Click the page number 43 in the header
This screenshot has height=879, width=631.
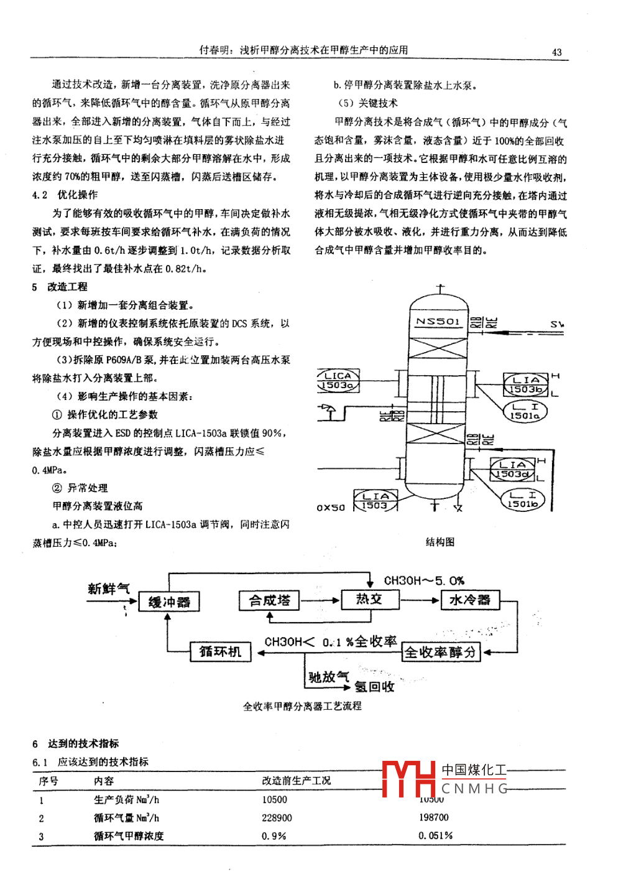pos(556,52)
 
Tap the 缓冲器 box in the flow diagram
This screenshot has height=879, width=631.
pos(169,602)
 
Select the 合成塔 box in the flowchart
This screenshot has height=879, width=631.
pos(269,600)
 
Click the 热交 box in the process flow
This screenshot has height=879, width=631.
pos(369,599)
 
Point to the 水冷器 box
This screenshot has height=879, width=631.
pos(469,600)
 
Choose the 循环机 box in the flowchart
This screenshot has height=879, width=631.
pos(220,651)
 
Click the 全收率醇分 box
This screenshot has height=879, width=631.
pos(441,652)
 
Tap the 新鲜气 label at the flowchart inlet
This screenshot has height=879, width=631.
pos(109,588)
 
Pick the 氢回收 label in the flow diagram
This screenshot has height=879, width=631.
pos(374,687)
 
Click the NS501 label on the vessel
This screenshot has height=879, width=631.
pos(438,322)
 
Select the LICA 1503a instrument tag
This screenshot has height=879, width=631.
pos(338,381)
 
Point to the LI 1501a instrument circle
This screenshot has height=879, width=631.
pos(525,411)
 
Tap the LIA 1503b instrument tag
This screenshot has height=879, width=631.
pos(526,384)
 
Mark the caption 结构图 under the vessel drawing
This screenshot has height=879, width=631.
pos(440,542)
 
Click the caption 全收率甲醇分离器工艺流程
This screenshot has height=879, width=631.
pos(302,706)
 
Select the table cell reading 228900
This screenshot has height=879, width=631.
pos(277,818)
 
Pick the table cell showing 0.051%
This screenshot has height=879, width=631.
pos(435,835)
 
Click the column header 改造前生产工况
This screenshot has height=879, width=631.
pos(296,781)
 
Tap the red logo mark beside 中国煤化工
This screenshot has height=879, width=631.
pos(408,778)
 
